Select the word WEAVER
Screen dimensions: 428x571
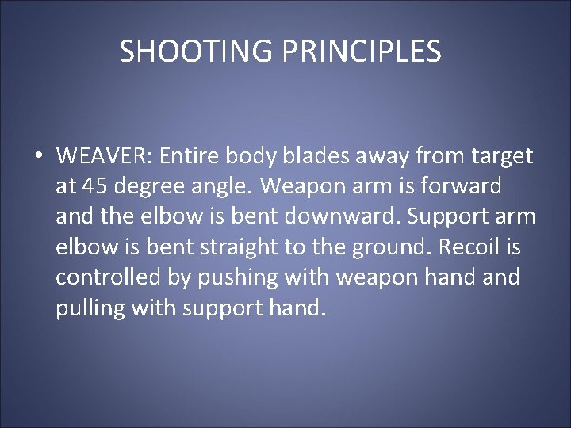coord(104,156)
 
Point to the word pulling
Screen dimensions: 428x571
coord(89,308)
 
